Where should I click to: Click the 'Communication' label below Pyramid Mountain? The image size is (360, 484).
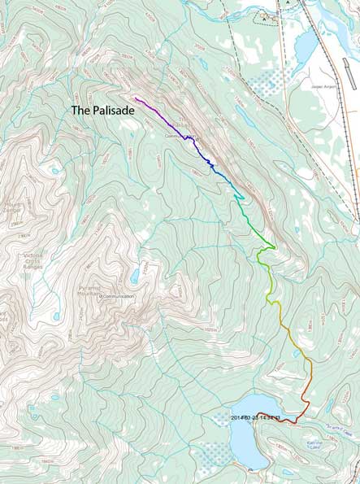(x=117, y=296)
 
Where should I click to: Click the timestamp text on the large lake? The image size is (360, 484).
(x=255, y=418)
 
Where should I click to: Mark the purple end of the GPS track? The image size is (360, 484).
(x=136, y=98)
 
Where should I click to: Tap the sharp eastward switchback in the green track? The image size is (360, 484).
(x=275, y=247)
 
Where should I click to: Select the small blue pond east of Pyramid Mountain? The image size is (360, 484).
(x=134, y=277)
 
